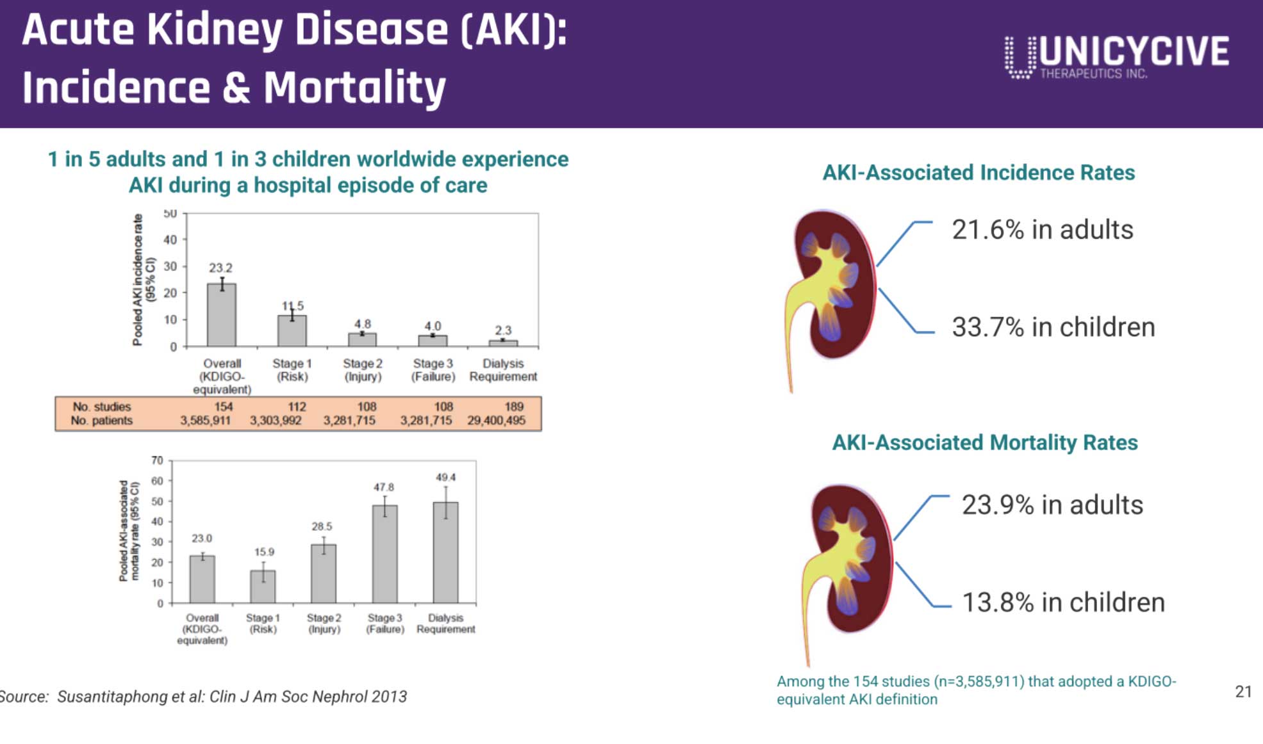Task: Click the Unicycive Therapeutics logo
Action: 1116,56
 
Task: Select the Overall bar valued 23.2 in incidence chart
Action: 222,314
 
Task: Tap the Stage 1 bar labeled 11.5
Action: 292,330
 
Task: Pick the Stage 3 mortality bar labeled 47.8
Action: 384,554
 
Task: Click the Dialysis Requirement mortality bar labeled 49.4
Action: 445,552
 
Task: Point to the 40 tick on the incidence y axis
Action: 170,240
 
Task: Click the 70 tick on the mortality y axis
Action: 158,460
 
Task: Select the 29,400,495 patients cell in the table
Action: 496,421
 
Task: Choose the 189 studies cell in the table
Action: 514,407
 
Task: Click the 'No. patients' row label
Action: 101,421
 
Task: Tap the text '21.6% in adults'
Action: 1042,230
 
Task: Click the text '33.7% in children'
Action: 1053,327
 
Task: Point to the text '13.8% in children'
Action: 1063,602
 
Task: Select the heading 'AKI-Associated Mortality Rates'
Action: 984,442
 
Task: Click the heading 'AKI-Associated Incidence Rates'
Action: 978,172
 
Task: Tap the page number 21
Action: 1243,691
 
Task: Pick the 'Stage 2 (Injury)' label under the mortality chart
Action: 324,623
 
